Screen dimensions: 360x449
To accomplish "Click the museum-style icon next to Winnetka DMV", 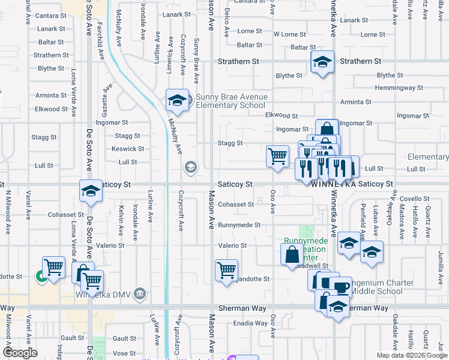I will (139, 293).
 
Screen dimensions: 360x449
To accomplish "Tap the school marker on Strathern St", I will (322, 62).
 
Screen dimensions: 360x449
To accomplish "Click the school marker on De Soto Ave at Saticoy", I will (91, 191).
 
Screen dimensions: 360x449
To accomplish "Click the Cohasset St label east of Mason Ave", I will (235, 204).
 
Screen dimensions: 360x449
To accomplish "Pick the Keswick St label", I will (128, 149).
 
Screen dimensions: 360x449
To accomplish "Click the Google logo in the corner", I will (20, 353).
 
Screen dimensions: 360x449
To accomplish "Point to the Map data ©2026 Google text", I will (411, 355).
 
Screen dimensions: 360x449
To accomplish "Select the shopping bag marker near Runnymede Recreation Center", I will (292, 254).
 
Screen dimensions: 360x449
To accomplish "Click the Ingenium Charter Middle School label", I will (382, 287).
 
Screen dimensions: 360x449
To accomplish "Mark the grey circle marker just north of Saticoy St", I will (191, 167).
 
